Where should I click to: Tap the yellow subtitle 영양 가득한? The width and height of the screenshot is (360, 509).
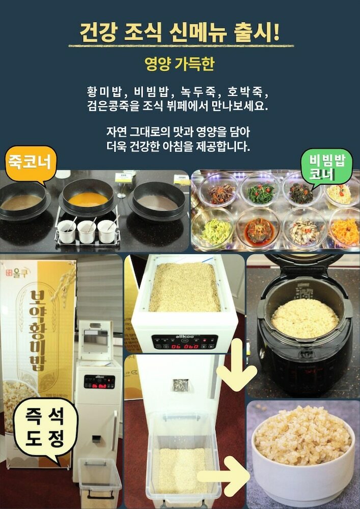pos(179,64)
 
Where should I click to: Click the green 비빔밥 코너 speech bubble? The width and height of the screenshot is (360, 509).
pos(327,167)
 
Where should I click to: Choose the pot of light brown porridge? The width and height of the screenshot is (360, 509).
pos(21,203)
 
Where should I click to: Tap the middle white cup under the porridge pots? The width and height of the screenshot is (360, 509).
pos(87,232)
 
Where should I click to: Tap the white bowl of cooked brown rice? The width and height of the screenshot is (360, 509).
pos(303,448)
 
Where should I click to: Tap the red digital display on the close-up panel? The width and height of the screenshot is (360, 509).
pos(184,346)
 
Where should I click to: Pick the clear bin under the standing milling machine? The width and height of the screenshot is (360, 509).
pos(99,480)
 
